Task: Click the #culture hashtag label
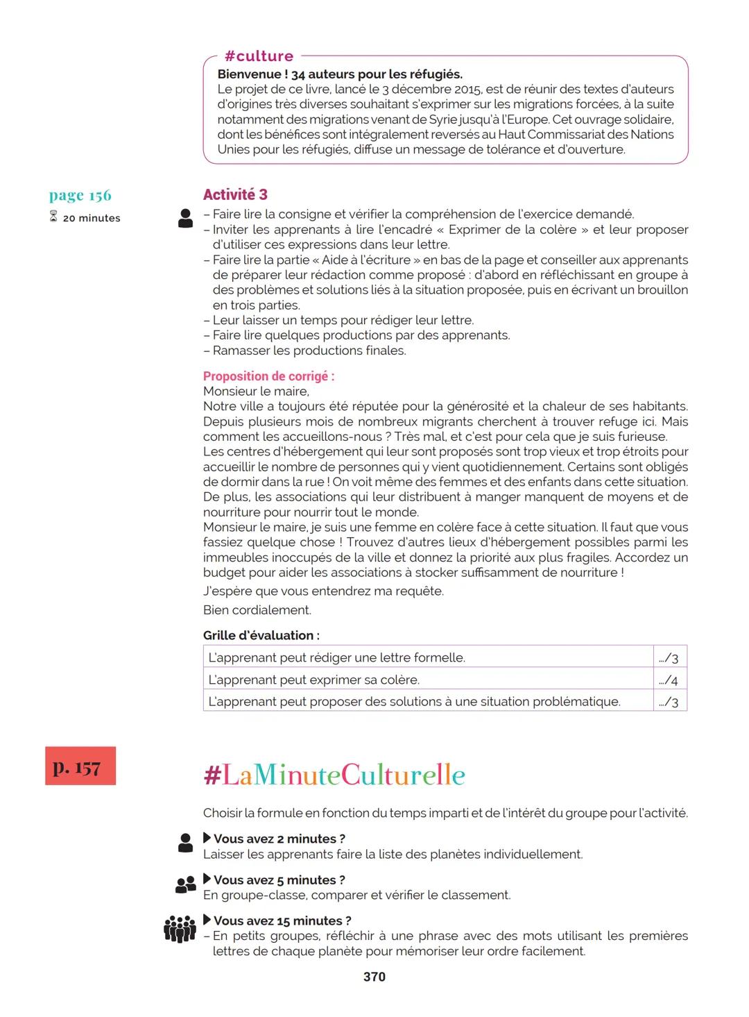259,56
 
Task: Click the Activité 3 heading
235,195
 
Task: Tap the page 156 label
80,196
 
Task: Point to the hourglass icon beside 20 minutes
54,217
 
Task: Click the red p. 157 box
80,766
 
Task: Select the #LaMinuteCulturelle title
334,775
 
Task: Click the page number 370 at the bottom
374,977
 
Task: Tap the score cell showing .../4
669,680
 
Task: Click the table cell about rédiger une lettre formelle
428,657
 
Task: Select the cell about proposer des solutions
428,701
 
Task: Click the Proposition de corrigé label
268,376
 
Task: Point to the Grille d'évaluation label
261,635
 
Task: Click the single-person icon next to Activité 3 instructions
185,218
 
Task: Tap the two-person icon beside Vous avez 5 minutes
185,884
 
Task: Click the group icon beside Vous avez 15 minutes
180,929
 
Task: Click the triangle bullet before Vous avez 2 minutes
207,838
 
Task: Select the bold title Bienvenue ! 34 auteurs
340,74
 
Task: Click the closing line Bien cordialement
257,610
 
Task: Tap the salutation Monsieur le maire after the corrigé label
256,392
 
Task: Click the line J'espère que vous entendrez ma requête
323,591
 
